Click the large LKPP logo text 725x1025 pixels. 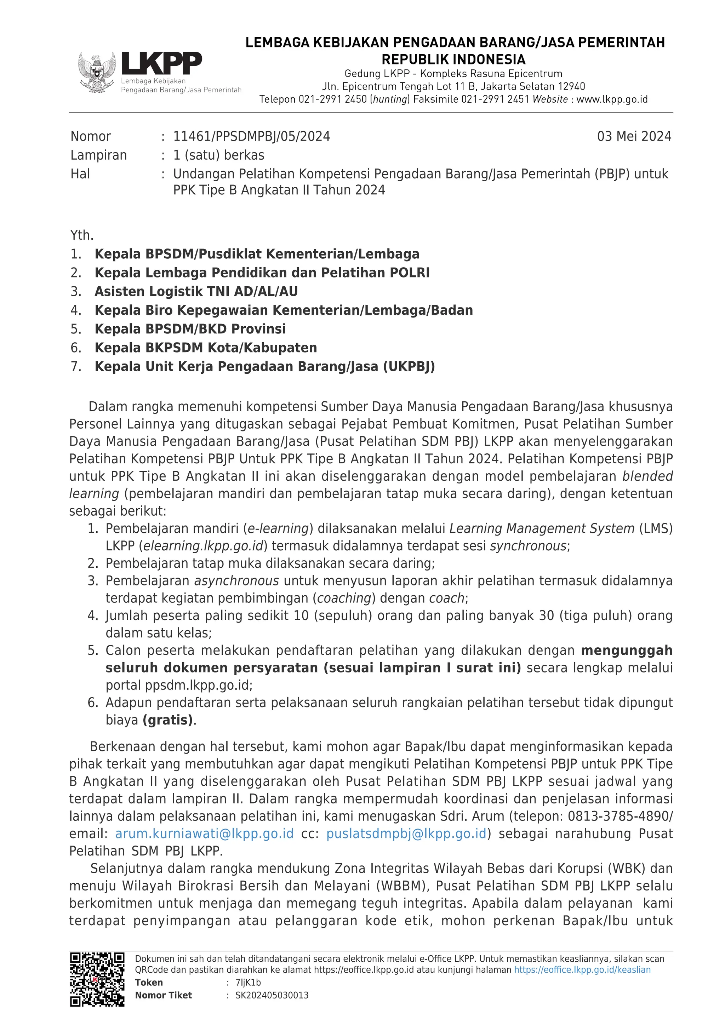coord(162,63)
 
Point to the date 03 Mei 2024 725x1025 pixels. coord(634,136)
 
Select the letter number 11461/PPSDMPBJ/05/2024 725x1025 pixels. coord(251,136)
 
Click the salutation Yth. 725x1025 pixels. coord(82,235)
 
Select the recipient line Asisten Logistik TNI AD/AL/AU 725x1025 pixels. coord(196,292)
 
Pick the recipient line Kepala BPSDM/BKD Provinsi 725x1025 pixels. coord(190,329)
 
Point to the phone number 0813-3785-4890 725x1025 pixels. coord(619,816)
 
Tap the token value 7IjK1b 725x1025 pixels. coord(248,982)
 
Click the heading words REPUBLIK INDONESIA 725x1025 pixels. coord(453,59)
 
